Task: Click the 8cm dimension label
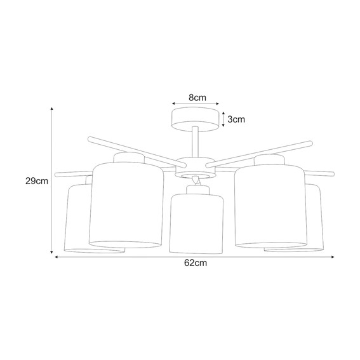[x=197, y=98]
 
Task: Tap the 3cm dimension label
[x=236, y=119]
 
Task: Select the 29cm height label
[x=37, y=181]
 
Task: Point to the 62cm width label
[x=196, y=263]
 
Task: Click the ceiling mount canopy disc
[x=195, y=119]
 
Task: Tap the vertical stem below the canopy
[x=195, y=142]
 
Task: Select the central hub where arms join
[x=195, y=168]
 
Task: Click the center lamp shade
[x=196, y=224]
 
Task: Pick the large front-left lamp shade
[x=126, y=205]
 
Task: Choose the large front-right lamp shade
[x=271, y=205]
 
